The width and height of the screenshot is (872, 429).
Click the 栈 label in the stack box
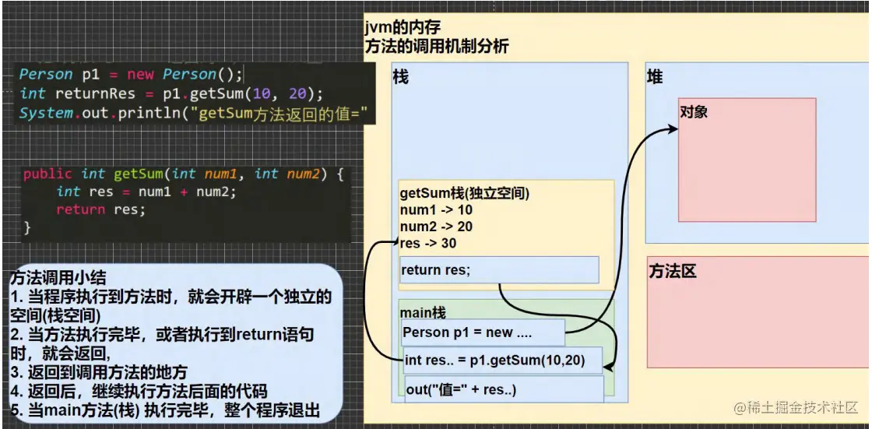pos(402,77)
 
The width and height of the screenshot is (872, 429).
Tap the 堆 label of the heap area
pos(655,77)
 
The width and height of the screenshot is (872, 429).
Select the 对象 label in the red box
pos(694,112)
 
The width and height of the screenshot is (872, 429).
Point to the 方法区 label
pos(672,272)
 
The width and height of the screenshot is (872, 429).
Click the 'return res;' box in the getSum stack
pos(498,270)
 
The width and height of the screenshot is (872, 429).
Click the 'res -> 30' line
pos(428,243)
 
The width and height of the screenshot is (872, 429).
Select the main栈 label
pos(423,313)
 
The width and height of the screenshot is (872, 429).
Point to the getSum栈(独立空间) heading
pos(465,193)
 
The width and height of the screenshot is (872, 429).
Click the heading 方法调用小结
pos(58,278)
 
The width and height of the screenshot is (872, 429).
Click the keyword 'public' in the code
pos(47,174)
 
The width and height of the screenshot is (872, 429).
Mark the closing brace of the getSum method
pos(27,227)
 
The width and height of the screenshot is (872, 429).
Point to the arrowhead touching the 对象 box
pos(674,126)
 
